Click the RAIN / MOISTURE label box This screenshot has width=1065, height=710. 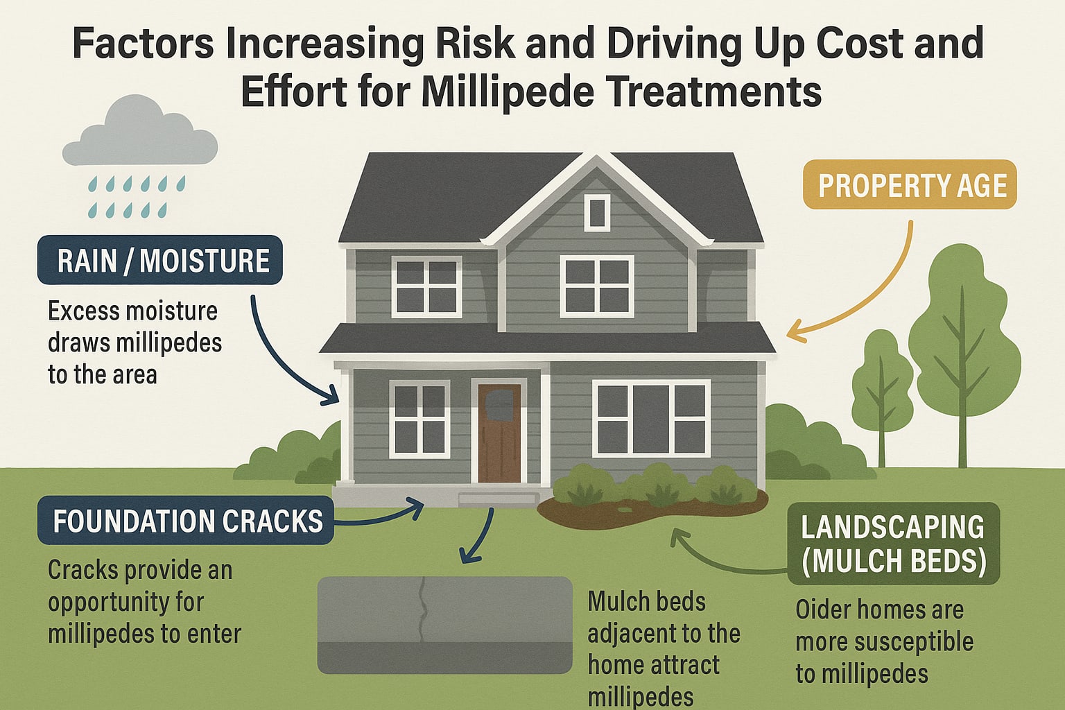coord(160,261)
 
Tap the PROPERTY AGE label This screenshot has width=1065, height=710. coord(909,185)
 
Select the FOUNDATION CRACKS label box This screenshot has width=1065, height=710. coord(186,521)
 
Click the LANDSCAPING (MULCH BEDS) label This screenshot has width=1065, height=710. coord(893,544)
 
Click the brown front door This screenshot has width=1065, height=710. coord(499,433)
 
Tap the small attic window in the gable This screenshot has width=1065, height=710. coord(596,211)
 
